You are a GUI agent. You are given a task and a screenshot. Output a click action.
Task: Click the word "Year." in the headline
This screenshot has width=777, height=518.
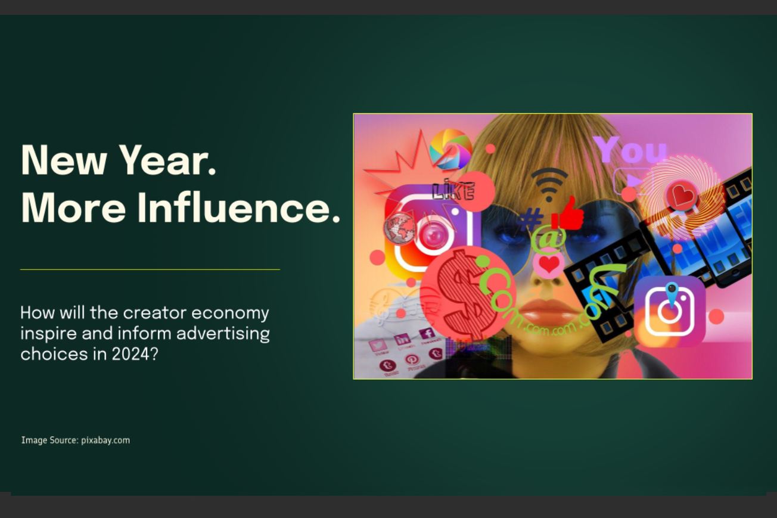tap(167, 160)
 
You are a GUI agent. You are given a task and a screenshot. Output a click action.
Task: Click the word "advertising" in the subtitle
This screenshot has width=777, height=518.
tap(228, 333)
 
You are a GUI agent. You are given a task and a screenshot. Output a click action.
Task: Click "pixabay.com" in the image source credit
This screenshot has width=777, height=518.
tap(105, 441)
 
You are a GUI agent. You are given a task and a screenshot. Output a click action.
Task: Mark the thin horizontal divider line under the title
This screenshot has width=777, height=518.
tap(150, 269)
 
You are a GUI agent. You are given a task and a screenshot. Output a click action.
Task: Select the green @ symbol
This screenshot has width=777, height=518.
tap(549, 238)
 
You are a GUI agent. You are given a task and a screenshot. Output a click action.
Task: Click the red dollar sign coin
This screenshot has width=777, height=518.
tap(459, 291)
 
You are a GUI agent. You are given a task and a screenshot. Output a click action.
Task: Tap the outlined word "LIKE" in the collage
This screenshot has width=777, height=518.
tap(453, 191)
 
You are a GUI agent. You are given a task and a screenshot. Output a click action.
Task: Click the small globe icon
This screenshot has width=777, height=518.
tap(400, 228)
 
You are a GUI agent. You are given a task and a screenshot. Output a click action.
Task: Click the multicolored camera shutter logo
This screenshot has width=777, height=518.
tap(450, 148)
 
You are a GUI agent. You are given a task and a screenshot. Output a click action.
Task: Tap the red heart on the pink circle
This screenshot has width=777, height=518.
tap(549, 263)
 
